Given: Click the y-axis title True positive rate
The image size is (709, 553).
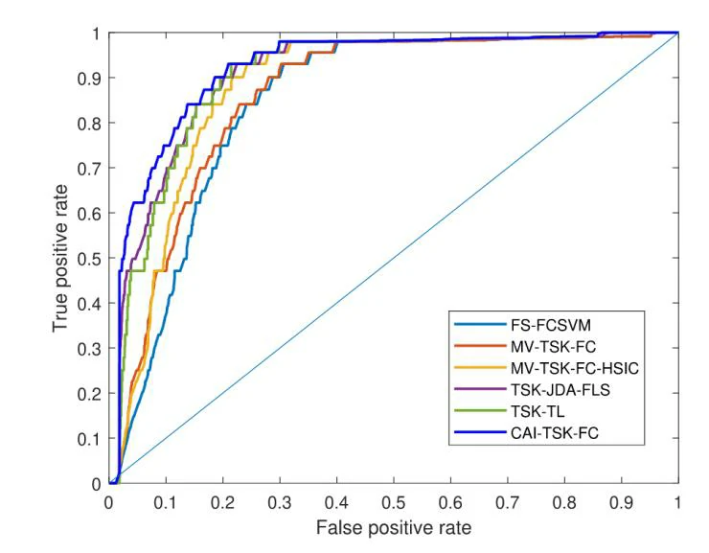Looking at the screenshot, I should pyautogui.click(x=61, y=259).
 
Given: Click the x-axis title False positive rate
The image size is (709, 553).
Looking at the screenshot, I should pyautogui.click(x=394, y=526).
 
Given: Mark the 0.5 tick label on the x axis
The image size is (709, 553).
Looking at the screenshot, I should pyautogui.click(x=394, y=501).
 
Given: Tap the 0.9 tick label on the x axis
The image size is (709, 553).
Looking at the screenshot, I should pyautogui.click(x=621, y=501).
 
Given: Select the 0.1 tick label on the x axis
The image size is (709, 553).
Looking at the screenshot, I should pyautogui.click(x=166, y=501).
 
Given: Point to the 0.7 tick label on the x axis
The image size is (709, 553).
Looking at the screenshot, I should pyautogui.click(x=508, y=501).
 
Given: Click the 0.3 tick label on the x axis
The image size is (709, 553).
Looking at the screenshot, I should pyautogui.click(x=280, y=501).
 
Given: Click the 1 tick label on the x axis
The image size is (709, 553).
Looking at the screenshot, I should pyautogui.click(x=678, y=501).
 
